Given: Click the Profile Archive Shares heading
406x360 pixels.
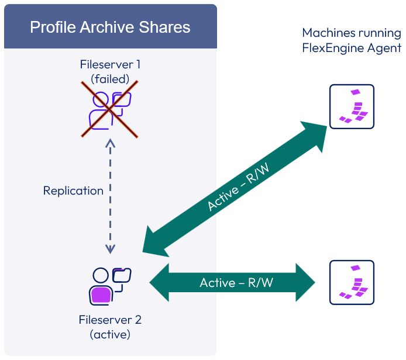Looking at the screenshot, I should coord(110,27).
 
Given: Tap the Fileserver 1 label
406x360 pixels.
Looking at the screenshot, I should coord(111,65).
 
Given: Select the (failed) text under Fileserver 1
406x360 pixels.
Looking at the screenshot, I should coord(111,78).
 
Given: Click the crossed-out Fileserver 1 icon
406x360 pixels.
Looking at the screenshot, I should coord(110,110).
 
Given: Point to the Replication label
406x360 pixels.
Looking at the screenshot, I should coord(73,191).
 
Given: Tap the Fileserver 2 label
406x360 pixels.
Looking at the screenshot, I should coord(110,320).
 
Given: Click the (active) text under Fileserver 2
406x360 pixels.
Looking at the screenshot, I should coord(110,334).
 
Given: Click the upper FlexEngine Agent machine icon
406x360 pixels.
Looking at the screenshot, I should coord(352,107).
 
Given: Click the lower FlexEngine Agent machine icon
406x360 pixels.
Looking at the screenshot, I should coord(352,282).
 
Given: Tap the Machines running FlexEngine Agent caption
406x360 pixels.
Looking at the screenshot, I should coord(352,40).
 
